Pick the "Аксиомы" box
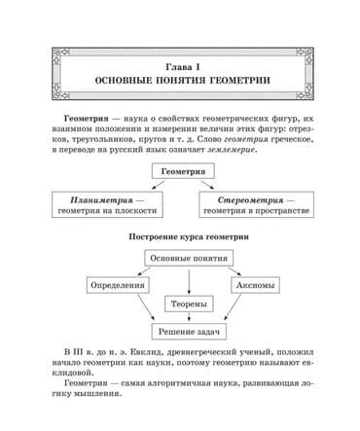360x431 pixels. pos(258,285)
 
